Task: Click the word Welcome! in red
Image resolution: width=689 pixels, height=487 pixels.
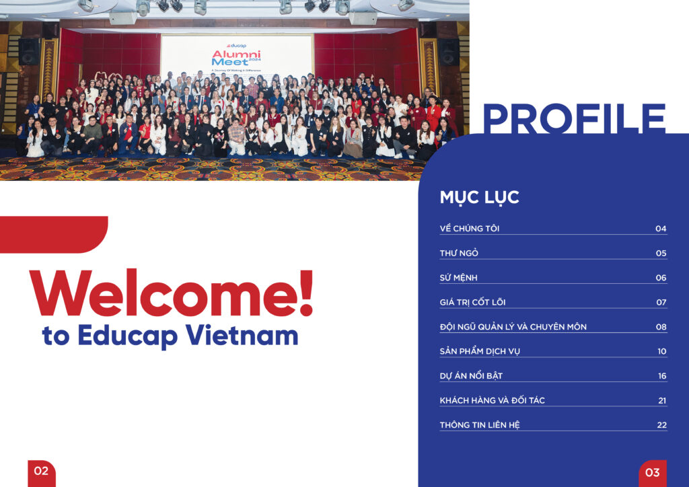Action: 172,293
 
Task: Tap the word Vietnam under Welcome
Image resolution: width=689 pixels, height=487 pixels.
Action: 242,336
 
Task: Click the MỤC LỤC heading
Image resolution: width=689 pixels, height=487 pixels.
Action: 479,198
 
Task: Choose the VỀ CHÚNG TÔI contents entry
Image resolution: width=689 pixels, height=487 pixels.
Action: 469,228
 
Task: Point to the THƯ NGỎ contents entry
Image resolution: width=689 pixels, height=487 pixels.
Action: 459,253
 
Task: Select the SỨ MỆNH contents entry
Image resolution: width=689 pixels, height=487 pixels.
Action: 458,278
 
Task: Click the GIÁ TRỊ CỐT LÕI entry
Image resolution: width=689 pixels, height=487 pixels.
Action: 472,302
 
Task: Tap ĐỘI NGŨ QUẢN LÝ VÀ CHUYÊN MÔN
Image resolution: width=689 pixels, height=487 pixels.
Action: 513,327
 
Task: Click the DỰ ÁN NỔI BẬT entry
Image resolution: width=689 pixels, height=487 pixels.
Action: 471,376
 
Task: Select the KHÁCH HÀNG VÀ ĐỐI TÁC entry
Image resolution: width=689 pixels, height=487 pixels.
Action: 492,400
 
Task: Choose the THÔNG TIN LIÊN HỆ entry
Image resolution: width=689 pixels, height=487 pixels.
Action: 479,425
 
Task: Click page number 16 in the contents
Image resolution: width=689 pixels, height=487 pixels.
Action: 662,376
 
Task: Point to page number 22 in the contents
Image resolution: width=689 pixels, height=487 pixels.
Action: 662,425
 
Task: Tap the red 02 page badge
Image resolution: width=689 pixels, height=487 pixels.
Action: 42,473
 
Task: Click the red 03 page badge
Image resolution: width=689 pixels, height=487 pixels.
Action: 653,474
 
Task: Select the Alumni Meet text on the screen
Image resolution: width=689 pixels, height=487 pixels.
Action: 236,58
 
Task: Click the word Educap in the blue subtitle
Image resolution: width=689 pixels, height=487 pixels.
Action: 128,336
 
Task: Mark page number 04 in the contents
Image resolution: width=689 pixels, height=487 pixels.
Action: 661,228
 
